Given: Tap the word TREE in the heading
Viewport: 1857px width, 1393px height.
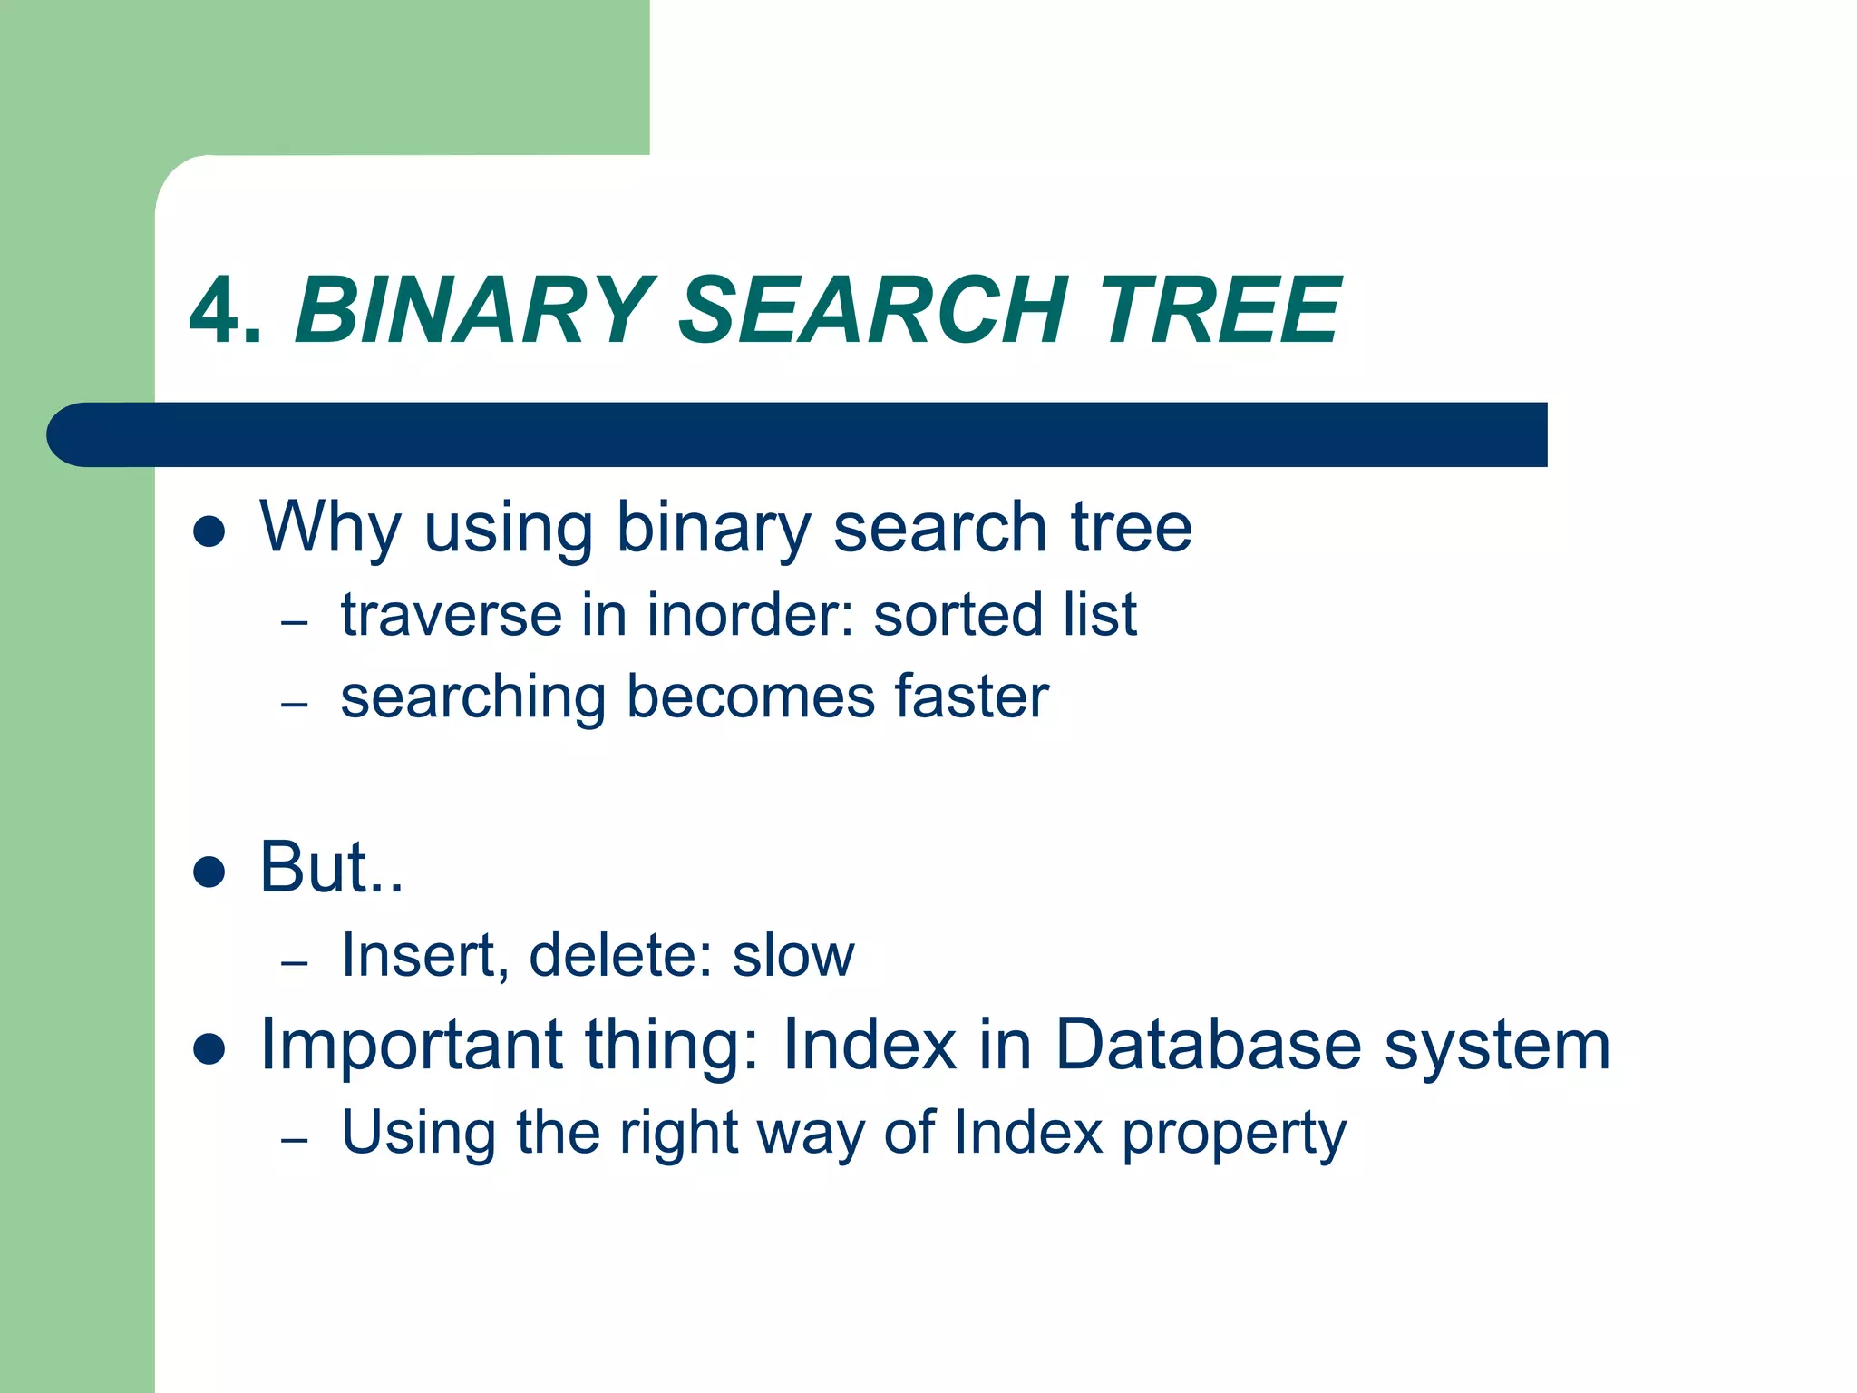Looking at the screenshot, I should tap(1219, 312).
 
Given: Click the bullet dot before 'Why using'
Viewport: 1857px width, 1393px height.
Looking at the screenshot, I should tap(209, 532).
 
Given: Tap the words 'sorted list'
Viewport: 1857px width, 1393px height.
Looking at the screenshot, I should tap(1005, 616).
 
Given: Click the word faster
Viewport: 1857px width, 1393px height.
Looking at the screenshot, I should tap(971, 697).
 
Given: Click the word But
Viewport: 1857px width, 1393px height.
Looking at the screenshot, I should tap(313, 868).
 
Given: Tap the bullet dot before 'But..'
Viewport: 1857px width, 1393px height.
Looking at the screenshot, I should tap(209, 872).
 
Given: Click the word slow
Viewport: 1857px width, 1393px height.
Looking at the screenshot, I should tap(792, 956).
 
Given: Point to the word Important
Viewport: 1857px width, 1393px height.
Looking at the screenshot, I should tap(411, 1046).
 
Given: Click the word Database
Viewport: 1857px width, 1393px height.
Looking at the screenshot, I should tap(1209, 1046).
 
